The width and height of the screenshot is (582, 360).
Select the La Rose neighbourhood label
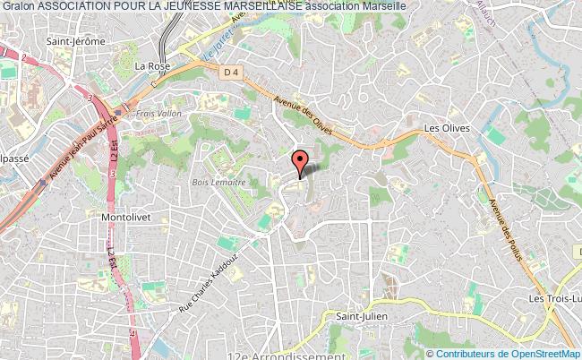click(151, 65)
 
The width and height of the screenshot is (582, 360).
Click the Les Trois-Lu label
click(554, 298)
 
